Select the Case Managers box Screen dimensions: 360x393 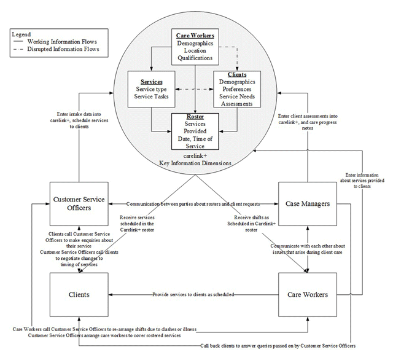(x=307, y=203)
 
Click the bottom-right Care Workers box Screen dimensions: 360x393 (x=307, y=294)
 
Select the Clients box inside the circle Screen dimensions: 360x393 (x=236, y=89)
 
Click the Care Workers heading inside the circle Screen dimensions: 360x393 (x=195, y=36)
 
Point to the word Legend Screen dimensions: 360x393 (x=22, y=34)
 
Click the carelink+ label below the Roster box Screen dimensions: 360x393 (x=194, y=157)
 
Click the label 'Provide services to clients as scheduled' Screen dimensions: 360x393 (x=193, y=295)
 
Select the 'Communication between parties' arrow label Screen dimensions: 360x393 (x=193, y=203)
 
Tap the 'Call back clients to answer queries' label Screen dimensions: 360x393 (x=278, y=346)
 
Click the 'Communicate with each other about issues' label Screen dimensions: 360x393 (x=307, y=248)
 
